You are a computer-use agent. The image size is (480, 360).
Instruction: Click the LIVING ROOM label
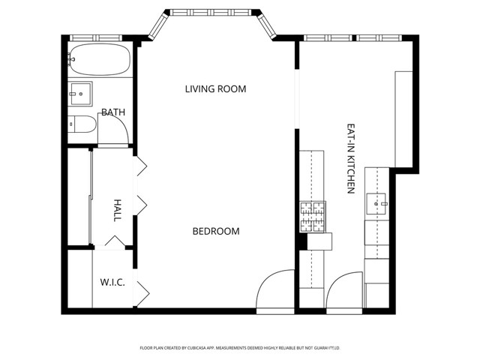pos(215,89)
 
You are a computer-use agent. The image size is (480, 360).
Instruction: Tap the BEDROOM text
pos(216,231)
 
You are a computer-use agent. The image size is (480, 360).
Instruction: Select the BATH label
pos(113,112)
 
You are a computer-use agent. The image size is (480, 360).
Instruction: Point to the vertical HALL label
pos(117,209)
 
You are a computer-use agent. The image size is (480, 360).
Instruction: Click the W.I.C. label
pos(112,283)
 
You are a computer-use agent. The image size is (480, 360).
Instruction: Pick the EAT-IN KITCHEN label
pos(349,159)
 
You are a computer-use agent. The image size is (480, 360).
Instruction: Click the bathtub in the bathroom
pos(99,59)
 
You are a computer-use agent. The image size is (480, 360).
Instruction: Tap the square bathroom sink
pos(79,93)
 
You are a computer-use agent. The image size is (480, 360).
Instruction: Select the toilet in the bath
pos(81,124)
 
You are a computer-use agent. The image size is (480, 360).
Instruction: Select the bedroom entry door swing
pos(274,289)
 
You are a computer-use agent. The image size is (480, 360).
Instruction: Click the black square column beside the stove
pos(303,241)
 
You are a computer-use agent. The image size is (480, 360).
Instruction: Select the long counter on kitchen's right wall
pos(403,118)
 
